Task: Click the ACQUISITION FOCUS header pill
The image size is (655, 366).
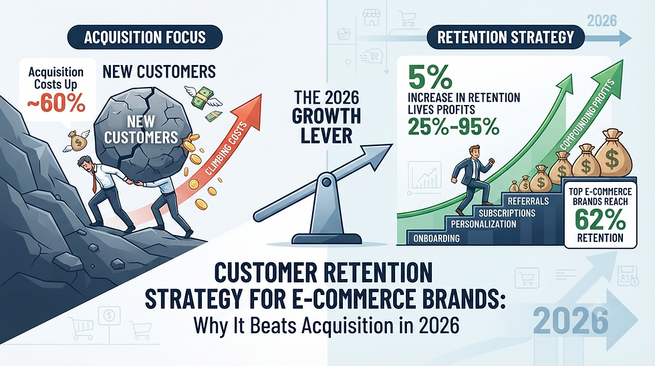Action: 144,37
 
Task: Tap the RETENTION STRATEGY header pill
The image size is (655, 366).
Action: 505,37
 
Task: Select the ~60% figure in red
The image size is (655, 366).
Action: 56,103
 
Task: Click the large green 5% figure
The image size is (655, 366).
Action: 430,76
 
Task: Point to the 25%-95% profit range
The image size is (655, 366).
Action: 453,126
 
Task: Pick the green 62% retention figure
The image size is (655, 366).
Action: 600,219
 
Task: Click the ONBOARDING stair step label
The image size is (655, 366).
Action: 436,238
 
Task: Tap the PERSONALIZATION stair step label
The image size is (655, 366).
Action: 483,224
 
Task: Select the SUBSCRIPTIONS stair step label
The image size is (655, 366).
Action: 507,213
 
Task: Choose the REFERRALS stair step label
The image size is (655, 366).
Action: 529,201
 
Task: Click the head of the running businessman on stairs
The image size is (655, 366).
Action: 474,152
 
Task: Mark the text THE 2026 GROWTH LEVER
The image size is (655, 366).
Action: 326,116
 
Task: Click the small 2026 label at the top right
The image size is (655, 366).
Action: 602,21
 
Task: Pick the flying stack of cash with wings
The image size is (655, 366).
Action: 205,98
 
